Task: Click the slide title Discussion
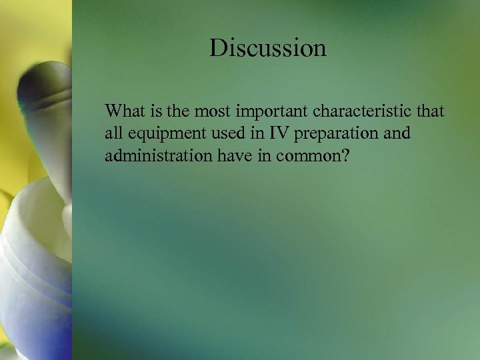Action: (268, 48)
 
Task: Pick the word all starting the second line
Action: (113, 133)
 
